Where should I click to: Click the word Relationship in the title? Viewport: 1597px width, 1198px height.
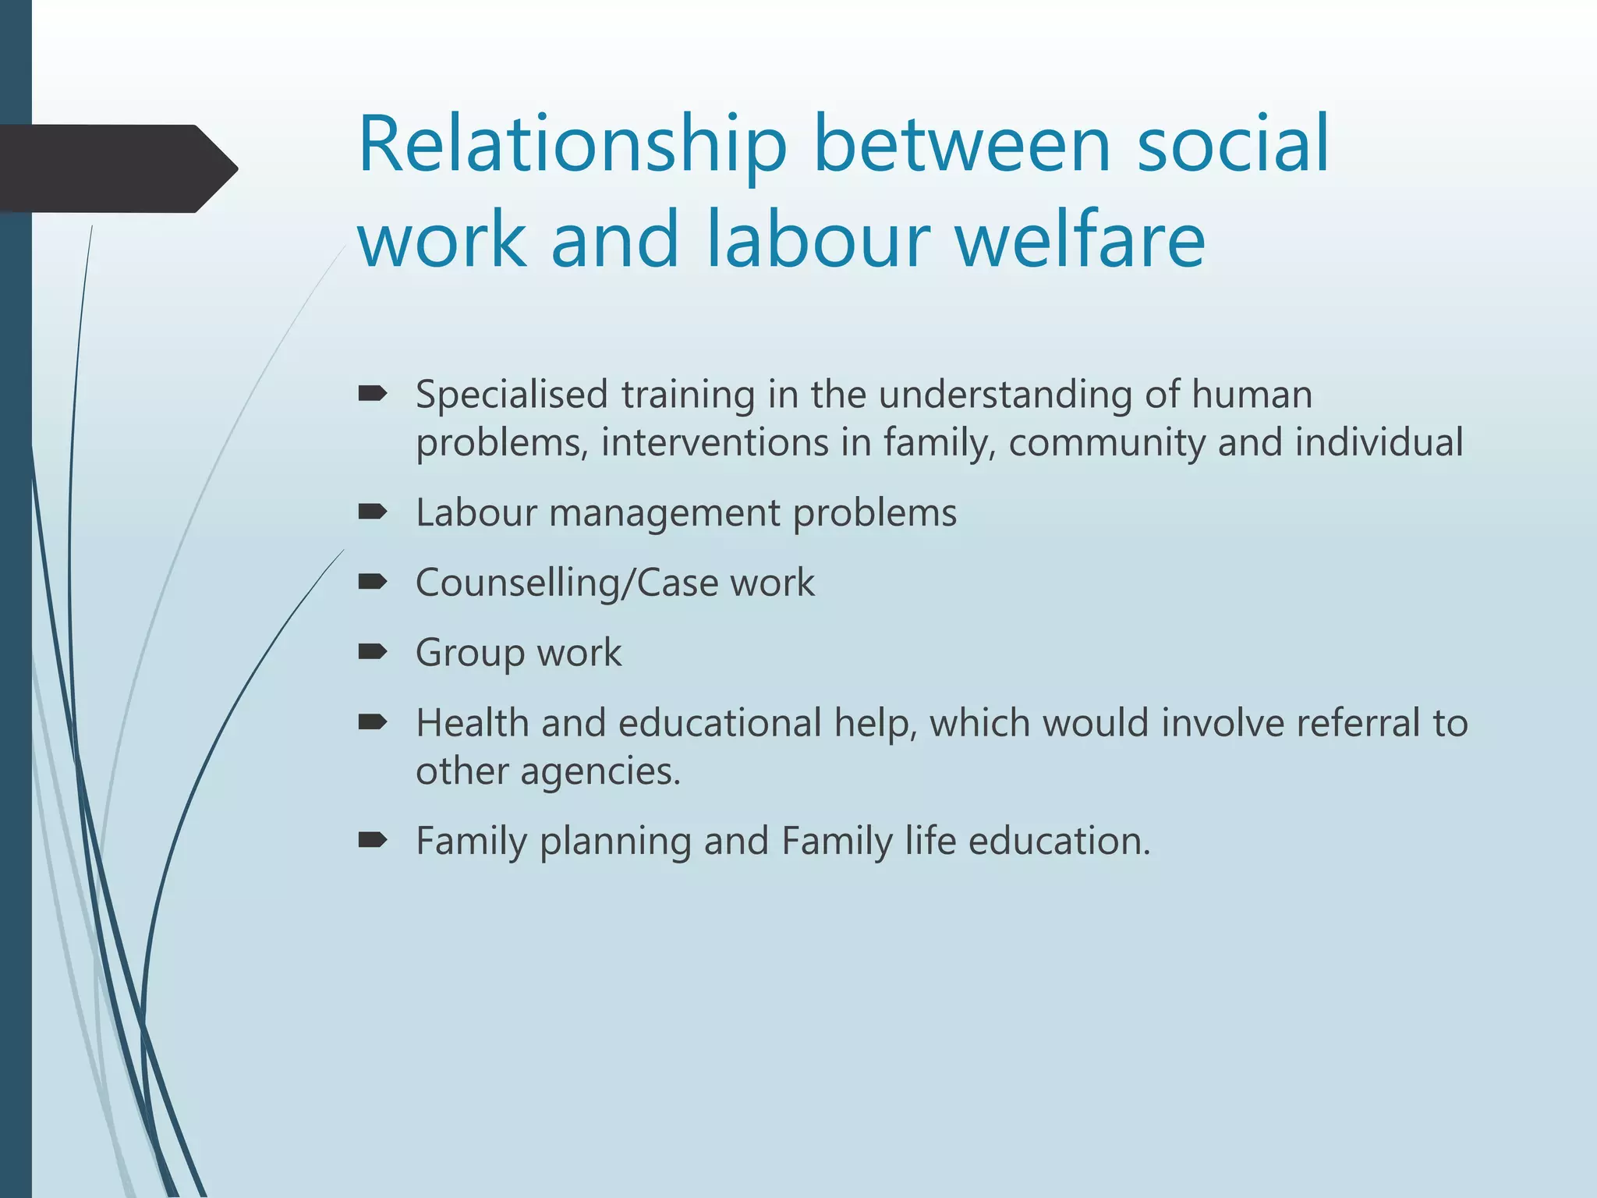click(572, 146)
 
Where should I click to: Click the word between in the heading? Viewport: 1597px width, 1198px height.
click(962, 146)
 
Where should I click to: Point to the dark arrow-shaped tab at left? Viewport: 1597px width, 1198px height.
click(117, 168)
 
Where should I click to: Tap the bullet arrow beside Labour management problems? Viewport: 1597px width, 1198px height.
click(373, 512)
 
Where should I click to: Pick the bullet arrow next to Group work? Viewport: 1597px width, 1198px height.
click(373, 652)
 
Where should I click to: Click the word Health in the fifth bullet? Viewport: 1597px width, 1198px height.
click(473, 723)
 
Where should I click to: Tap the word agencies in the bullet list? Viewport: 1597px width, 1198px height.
click(600, 772)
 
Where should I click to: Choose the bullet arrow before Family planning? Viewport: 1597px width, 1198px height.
click(373, 840)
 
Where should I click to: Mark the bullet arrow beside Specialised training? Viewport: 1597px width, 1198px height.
click(373, 395)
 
